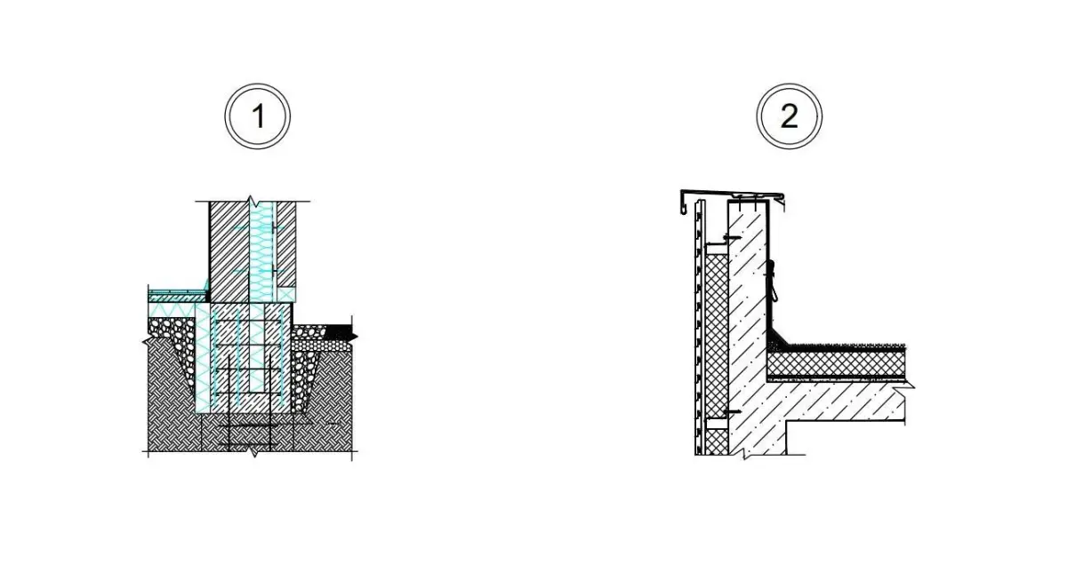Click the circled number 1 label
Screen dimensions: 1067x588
[257, 116]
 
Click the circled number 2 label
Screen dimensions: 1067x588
[789, 116]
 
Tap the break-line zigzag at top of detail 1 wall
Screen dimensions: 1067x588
[252, 202]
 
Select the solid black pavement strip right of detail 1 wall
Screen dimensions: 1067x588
[339, 331]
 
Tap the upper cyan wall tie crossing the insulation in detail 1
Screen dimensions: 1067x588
[260, 228]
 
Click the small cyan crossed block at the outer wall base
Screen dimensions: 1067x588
[286, 295]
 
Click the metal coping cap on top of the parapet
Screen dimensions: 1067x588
[733, 195]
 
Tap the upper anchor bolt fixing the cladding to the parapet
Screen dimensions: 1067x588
[732, 237]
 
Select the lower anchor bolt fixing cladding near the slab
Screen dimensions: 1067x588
[732, 412]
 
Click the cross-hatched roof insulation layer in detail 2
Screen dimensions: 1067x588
[837, 363]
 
